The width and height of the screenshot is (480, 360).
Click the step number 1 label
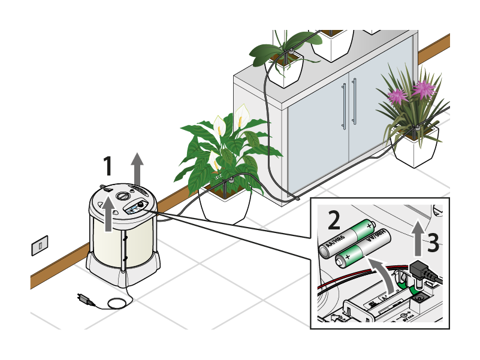coord(108,167)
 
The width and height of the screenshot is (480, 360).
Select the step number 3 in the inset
coord(434,243)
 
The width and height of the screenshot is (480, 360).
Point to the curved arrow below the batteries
coord(384,273)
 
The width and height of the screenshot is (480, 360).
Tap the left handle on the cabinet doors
coord(344,105)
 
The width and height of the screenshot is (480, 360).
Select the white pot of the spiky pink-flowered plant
coord(415,149)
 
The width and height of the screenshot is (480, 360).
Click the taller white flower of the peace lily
coord(241,113)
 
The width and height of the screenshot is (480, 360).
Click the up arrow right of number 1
coord(138,168)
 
